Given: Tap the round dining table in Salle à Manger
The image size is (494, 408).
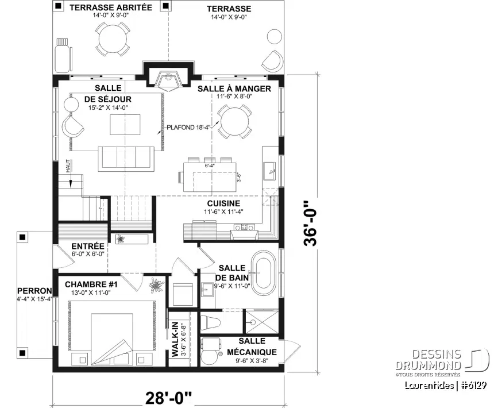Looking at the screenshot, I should coord(236,122).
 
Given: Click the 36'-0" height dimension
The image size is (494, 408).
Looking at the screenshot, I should coord(311,223).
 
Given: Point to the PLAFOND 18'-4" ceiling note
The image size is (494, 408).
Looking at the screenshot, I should coord(189,128).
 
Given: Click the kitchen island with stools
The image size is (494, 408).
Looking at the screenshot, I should coord(210,175).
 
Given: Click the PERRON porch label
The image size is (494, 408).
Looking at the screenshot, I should coord(34,291).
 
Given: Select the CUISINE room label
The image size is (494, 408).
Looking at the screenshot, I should coord(224,203).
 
